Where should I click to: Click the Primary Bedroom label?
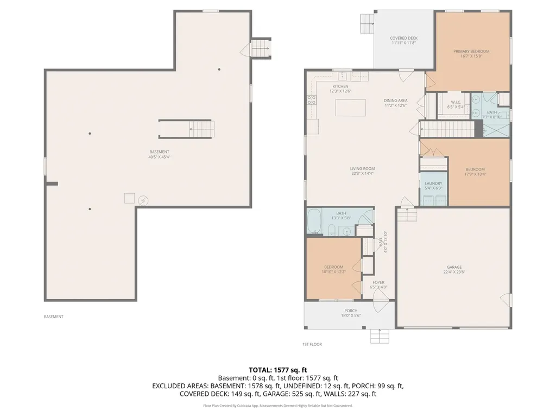coord(471,52)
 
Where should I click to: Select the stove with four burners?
coord(312,99)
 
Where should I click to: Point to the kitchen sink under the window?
coord(343,76)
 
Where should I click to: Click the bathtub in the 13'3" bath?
coord(314,222)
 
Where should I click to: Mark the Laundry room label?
coord(433,184)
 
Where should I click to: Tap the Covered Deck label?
coord(404,38)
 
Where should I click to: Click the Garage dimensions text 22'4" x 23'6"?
coord(454,273)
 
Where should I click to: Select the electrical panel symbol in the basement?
coord(143,200)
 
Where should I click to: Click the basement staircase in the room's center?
coord(187,129)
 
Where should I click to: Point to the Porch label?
coord(350,311)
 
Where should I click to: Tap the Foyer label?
coord(378,282)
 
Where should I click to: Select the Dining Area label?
coord(395,100)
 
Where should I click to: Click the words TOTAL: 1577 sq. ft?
coord(277,370)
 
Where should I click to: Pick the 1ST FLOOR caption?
coord(312,344)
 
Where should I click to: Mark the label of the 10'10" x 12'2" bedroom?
coord(333,267)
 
